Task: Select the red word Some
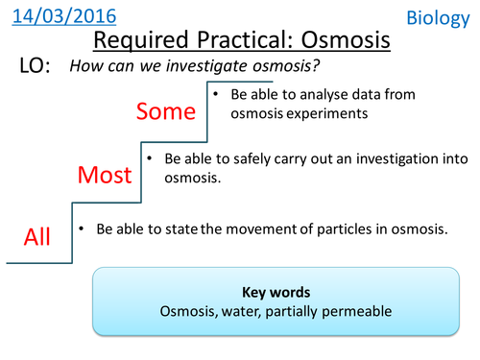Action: [x=165, y=111]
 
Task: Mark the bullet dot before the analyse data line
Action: [x=218, y=94]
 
